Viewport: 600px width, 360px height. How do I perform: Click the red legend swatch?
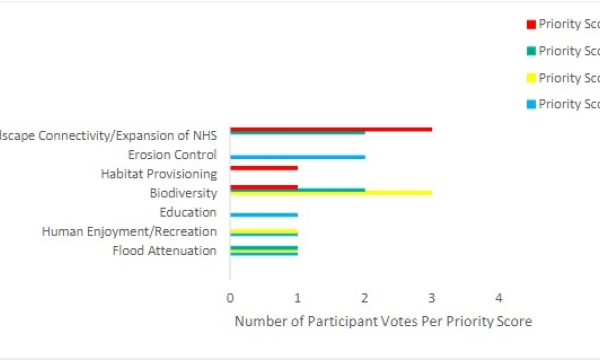531,24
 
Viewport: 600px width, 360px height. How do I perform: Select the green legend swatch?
531,51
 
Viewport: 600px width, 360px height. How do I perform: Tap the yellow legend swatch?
531,78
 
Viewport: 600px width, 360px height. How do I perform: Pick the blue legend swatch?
531,104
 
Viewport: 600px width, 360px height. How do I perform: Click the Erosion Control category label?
172,155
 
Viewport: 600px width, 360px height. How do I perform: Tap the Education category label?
188,212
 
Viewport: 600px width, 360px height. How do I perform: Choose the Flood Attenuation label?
165,250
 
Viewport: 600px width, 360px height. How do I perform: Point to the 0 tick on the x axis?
230,298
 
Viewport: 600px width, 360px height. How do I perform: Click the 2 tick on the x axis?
365,298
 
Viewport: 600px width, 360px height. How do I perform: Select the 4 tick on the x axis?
499,298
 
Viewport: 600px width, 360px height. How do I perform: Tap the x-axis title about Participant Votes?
383,321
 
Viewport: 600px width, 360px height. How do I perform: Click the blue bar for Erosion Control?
297,157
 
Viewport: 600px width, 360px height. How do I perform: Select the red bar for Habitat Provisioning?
263,168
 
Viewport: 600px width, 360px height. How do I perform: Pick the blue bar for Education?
263,214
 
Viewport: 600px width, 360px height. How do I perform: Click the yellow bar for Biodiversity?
330,193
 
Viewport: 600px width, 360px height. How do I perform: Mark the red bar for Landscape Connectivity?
330,129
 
